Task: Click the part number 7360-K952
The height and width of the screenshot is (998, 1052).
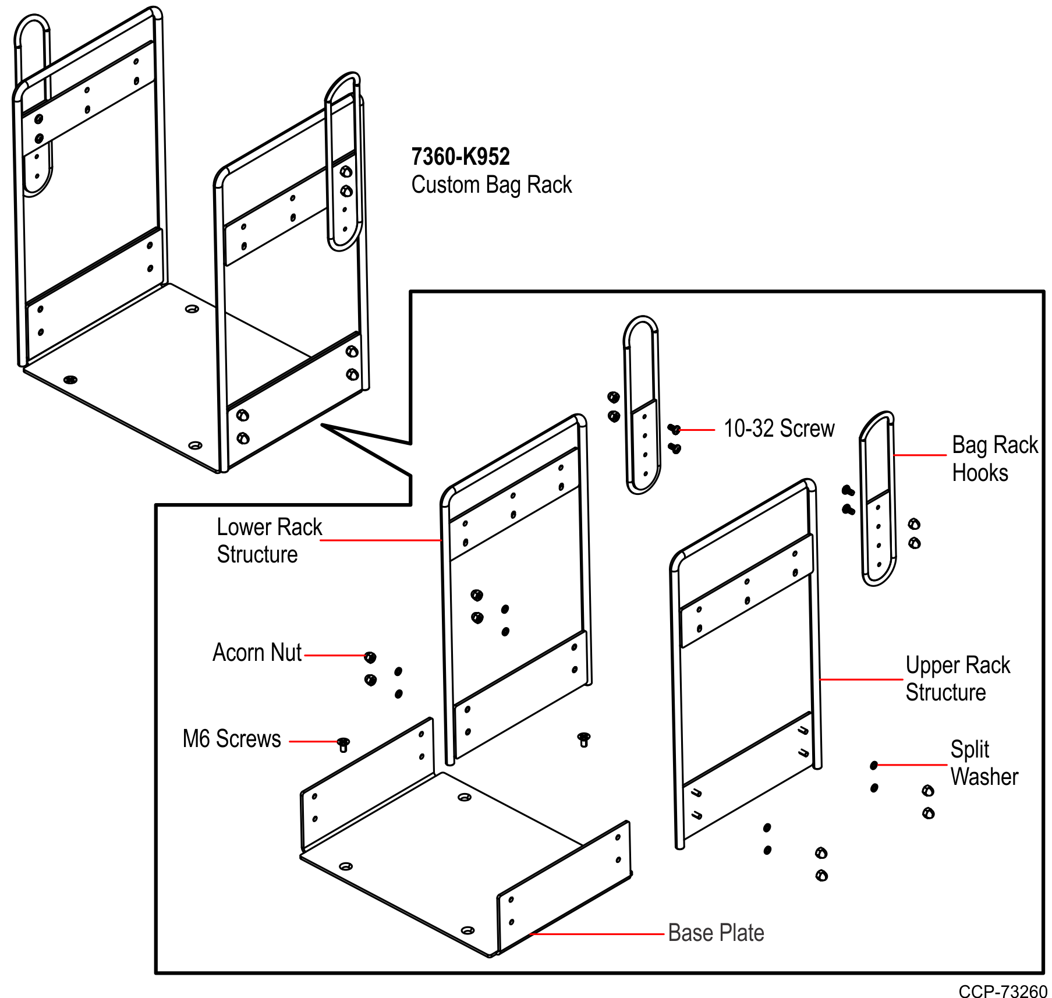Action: pos(460,157)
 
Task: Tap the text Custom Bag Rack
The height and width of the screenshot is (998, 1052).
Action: pos(491,185)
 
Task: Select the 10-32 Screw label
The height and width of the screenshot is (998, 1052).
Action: pos(779,429)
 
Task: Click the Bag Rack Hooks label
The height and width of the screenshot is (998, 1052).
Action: pos(994,459)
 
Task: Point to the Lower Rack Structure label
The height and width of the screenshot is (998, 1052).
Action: pos(268,540)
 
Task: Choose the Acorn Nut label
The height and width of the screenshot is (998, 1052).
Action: pos(257,653)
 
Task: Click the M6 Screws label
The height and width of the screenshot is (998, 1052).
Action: pos(232,739)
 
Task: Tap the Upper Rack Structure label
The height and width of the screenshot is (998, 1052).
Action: pos(957,678)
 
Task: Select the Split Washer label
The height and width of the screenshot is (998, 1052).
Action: pos(983,763)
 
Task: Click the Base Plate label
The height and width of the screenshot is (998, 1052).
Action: pos(715,933)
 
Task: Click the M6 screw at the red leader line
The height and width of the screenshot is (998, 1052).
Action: pos(343,744)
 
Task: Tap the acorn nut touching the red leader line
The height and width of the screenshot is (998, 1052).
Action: pos(370,657)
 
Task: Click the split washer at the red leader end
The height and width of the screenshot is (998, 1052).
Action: pos(873,765)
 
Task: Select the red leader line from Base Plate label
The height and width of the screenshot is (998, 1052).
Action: pos(597,934)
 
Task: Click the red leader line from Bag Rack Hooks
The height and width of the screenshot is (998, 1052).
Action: pos(920,455)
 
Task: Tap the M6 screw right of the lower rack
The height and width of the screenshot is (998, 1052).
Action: pos(584,739)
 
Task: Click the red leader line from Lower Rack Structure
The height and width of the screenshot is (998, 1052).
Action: pos(381,540)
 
